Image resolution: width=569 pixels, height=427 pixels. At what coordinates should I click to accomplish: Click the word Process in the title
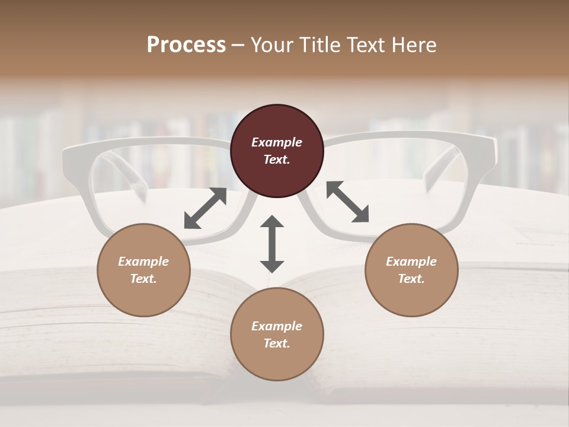(186, 44)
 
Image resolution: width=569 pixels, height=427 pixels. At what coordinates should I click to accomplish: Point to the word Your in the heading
(271, 44)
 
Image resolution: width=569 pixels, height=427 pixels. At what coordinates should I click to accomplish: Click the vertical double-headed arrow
(272, 244)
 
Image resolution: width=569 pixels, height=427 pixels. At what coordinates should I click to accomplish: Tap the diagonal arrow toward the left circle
(205, 208)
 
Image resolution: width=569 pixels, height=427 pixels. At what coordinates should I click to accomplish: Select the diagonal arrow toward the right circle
(347, 202)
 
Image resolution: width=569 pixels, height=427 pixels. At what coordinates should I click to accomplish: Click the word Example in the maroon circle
(277, 142)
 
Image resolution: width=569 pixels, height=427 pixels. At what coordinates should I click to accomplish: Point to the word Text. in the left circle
(143, 279)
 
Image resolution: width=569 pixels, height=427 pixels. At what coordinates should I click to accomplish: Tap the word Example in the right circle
(411, 262)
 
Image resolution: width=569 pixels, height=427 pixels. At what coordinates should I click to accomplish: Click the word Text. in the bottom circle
(277, 343)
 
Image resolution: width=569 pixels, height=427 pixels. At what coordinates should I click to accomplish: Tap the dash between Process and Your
(238, 45)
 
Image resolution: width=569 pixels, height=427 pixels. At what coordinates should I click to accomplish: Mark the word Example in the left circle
(143, 262)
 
